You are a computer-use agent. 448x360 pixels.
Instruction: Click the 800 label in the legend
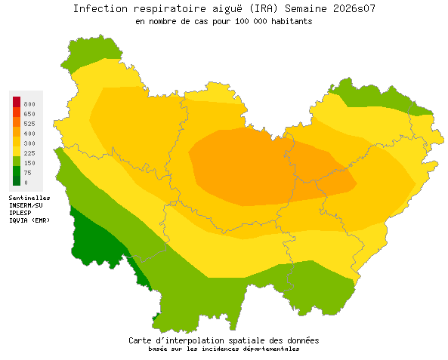(29, 103)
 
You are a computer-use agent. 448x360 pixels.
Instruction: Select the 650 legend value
(29, 113)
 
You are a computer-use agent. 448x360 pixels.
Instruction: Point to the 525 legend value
(29, 123)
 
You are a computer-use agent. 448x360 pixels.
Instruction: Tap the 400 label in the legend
(29, 133)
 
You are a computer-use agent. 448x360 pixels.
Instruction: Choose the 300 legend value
(29, 143)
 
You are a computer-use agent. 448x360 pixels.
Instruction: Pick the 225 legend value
(29, 152)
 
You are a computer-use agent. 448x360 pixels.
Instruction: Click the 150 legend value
(29, 162)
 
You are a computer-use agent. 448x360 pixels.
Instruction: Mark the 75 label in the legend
(27, 172)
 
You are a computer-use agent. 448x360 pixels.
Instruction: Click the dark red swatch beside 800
(17, 102)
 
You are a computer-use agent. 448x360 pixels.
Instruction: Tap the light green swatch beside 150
(17, 162)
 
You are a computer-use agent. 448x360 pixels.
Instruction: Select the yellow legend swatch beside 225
(17, 152)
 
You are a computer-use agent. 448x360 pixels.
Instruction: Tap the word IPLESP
(20, 212)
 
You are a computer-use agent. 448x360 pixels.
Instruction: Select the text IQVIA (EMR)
(29, 220)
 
